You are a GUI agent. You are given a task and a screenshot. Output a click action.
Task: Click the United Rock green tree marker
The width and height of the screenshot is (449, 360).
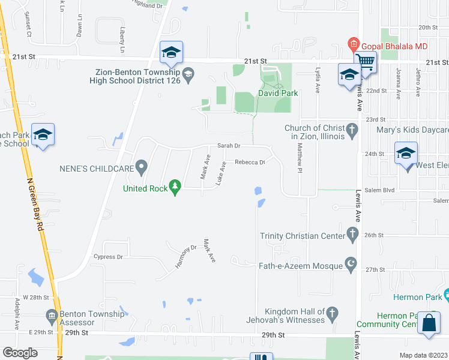[175, 188]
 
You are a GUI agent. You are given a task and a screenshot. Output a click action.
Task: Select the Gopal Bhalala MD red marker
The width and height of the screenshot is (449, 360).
[353, 44]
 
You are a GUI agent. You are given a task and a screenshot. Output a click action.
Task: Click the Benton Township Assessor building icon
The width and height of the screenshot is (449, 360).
[52, 315]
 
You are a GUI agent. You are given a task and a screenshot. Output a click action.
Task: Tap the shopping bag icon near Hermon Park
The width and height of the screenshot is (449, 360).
[429, 323]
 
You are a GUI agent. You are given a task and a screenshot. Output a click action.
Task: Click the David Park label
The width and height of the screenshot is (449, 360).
[278, 93]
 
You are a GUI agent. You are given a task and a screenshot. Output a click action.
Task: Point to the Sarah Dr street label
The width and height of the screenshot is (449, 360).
[229, 146]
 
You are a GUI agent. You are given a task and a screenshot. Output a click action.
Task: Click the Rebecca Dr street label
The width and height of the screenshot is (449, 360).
[250, 162]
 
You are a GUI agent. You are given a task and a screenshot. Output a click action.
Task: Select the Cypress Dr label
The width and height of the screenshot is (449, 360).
[108, 257]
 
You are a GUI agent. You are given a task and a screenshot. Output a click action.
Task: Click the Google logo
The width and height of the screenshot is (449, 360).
[20, 352]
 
